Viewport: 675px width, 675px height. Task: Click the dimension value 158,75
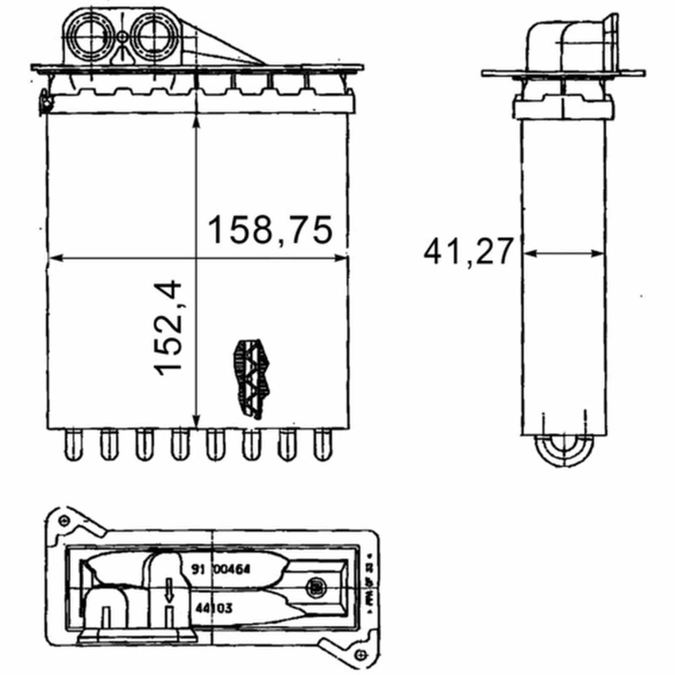[x=270, y=230]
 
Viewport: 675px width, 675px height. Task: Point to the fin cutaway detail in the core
[x=252, y=378]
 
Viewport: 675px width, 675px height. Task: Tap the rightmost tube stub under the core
[x=323, y=445]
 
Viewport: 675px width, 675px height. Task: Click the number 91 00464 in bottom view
[x=221, y=570]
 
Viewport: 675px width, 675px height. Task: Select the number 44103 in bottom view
[x=214, y=608]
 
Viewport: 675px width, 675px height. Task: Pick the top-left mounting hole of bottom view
[x=64, y=520]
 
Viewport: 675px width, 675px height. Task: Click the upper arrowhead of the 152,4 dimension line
[x=196, y=122]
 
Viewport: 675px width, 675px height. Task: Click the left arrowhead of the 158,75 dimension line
[x=55, y=258]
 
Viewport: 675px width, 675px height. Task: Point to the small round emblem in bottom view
[x=315, y=586]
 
